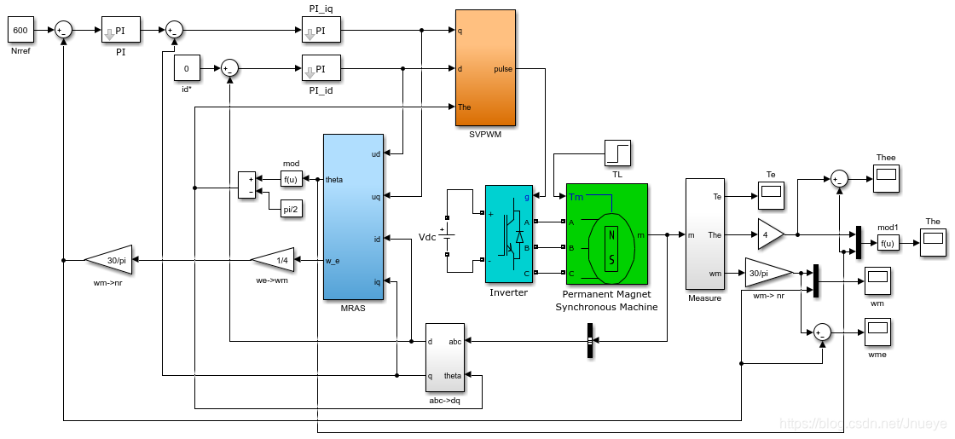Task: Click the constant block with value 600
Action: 20,31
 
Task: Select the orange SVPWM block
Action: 485,68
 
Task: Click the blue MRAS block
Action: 353,217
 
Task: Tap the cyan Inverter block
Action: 508,234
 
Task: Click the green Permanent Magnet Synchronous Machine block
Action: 606,234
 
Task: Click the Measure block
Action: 704,234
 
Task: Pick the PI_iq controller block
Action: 321,31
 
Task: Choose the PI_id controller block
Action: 321,68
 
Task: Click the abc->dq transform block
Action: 444,357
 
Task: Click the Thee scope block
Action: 886,177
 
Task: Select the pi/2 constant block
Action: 292,210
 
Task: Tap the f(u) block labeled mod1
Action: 888,243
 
